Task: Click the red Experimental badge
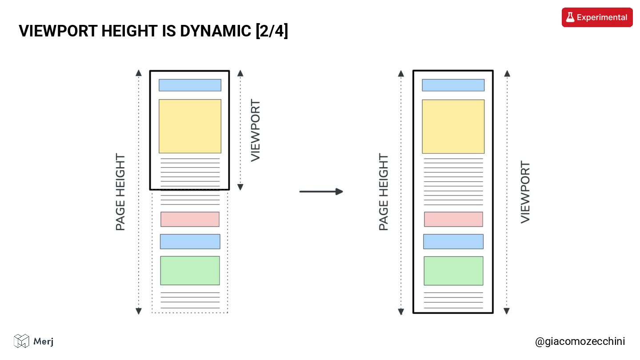coord(597,17)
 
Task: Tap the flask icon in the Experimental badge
coord(570,17)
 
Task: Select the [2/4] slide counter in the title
coord(272,31)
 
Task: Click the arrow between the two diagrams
coord(321,192)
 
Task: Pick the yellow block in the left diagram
coord(190,126)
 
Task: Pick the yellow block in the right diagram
coord(453,126)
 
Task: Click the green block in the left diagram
coord(190,270)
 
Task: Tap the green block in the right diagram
coord(453,271)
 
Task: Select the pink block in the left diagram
coord(190,219)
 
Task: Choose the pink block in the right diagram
coord(453,219)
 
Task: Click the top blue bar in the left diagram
coord(190,85)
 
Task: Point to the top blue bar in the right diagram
coord(453,85)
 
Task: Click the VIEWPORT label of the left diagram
coord(256,131)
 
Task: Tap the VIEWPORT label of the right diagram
coord(525,192)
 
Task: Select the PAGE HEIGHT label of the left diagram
coord(120,192)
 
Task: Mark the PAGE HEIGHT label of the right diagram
coord(384,192)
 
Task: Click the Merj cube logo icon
coord(21,341)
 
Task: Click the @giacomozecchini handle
coord(580,341)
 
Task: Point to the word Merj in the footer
coord(44,341)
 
